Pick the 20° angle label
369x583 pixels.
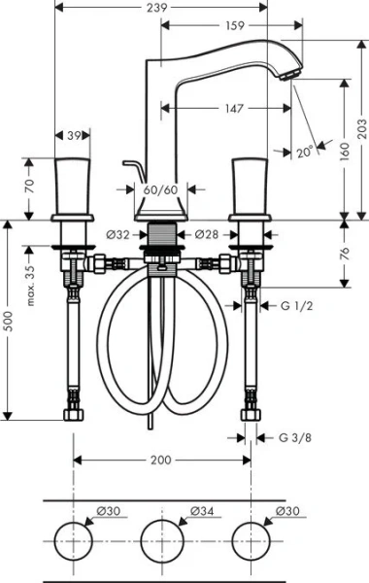tap(306, 154)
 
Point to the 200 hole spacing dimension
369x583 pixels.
tap(161, 460)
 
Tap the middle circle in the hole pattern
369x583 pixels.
tap(162, 540)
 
